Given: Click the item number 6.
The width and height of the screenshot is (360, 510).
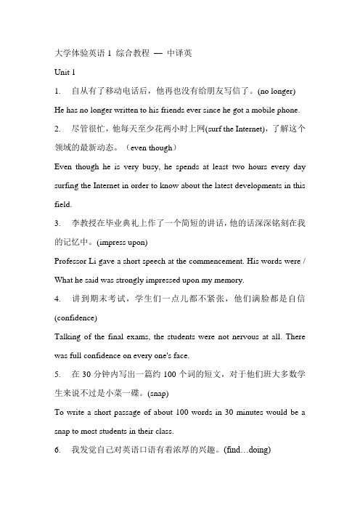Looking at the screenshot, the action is point(58,471).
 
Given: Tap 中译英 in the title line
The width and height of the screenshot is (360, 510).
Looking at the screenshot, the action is point(176,53).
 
